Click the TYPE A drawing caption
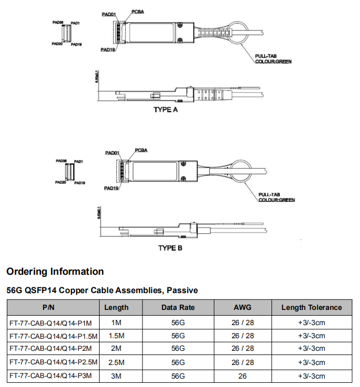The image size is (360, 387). [x=166, y=110]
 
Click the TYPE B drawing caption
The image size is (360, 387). [x=170, y=248]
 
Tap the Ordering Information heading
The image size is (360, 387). [x=55, y=272]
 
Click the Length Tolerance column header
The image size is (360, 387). [x=311, y=308]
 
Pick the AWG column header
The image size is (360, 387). [x=242, y=308]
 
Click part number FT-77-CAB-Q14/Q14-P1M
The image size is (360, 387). [x=50, y=322]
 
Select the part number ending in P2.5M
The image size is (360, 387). [x=53, y=362]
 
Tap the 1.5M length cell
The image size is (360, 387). [x=116, y=336]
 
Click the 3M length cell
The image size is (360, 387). [x=116, y=376]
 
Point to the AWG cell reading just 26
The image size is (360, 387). [x=242, y=376]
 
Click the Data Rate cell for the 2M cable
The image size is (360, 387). [x=179, y=349]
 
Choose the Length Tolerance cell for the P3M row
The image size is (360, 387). [x=311, y=376]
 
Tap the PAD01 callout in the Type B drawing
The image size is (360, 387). [x=113, y=153]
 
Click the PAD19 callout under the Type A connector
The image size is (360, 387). [x=108, y=50]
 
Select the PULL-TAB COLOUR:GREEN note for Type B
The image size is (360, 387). [x=277, y=197]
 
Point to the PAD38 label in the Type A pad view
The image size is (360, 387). [x=58, y=23]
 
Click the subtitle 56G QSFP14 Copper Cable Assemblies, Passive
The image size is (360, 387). [x=102, y=290]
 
